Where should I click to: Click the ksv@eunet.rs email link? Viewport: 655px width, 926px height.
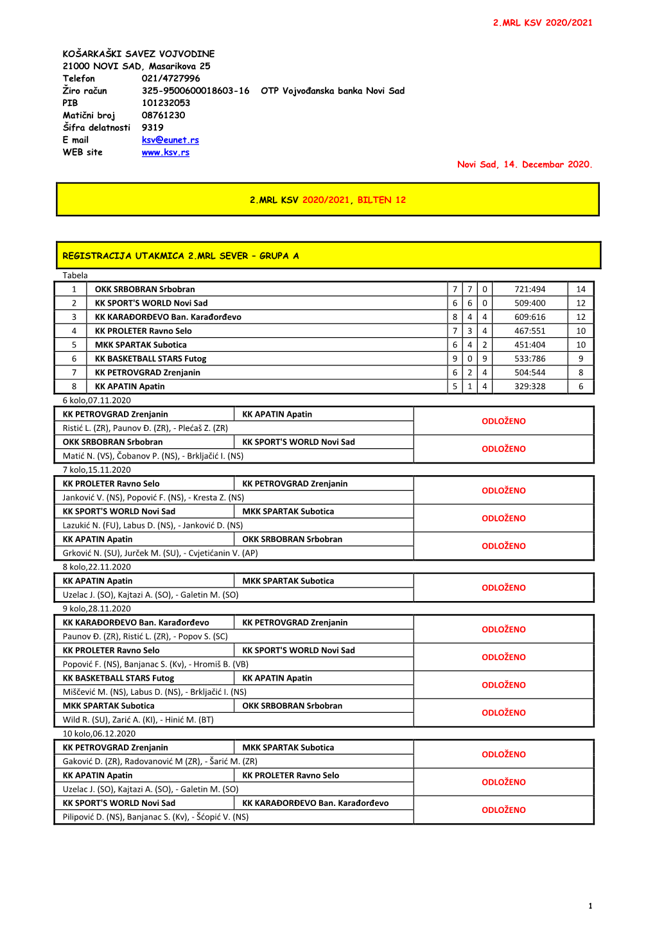[x=170, y=140]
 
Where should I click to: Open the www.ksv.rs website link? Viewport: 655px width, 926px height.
[x=166, y=152]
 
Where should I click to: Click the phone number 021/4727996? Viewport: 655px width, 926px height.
[x=171, y=78]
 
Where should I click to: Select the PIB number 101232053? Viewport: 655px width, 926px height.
[x=166, y=103]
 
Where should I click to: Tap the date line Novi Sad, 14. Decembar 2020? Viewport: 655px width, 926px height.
[x=524, y=164]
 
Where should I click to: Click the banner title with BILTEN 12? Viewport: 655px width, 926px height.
[x=327, y=200]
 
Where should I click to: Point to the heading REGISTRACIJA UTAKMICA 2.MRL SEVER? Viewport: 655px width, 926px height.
[x=180, y=256]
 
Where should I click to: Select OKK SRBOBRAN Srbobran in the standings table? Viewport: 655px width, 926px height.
[x=144, y=289]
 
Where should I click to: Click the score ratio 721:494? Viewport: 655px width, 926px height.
[x=529, y=289]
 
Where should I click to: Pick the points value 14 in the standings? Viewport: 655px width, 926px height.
[x=581, y=289]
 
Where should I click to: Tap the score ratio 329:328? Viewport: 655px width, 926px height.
[x=529, y=387]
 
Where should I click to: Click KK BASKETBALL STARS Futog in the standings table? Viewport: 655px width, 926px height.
[x=150, y=358]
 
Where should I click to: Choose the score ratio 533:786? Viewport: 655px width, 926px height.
[x=529, y=358]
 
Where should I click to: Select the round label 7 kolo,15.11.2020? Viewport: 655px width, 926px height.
[x=96, y=469]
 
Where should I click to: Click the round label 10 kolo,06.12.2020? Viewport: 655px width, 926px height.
[x=99, y=733]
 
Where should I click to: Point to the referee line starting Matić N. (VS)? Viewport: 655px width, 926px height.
[x=153, y=456]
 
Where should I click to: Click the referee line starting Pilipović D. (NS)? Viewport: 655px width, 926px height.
[x=155, y=817]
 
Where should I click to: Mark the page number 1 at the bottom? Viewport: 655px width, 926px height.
[x=590, y=906]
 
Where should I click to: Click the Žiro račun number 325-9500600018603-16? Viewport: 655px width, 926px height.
[x=195, y=91]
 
